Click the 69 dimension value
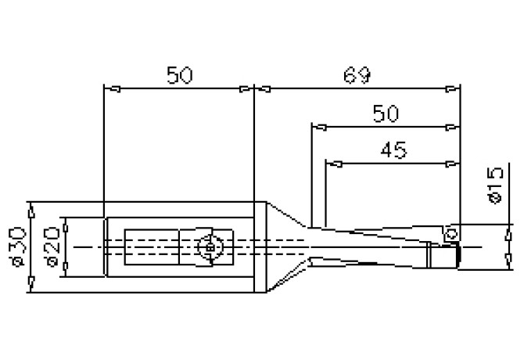356,75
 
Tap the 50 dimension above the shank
180,75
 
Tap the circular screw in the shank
210,247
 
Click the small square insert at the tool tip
450,233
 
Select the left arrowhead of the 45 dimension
330,164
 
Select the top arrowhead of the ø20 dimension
67,222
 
